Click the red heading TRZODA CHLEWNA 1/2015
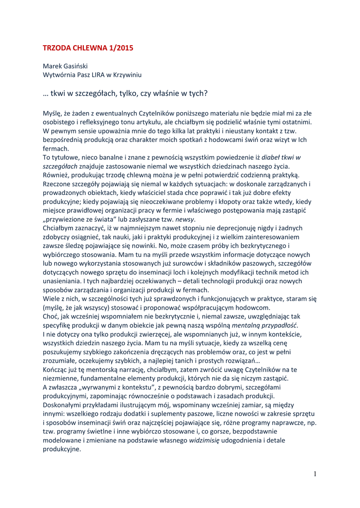pyautogui.click(x=88, y=48)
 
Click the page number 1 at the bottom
pyautogui.click(x=315, y=474)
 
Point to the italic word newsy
pyautogui.click(x=185, y=219)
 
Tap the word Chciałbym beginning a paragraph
pyautogui.click(x=59, y=228)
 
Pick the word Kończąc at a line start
pyautogui.click(x=57, y=370)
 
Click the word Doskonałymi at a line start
pyautogui.click(x=64, y=405)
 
